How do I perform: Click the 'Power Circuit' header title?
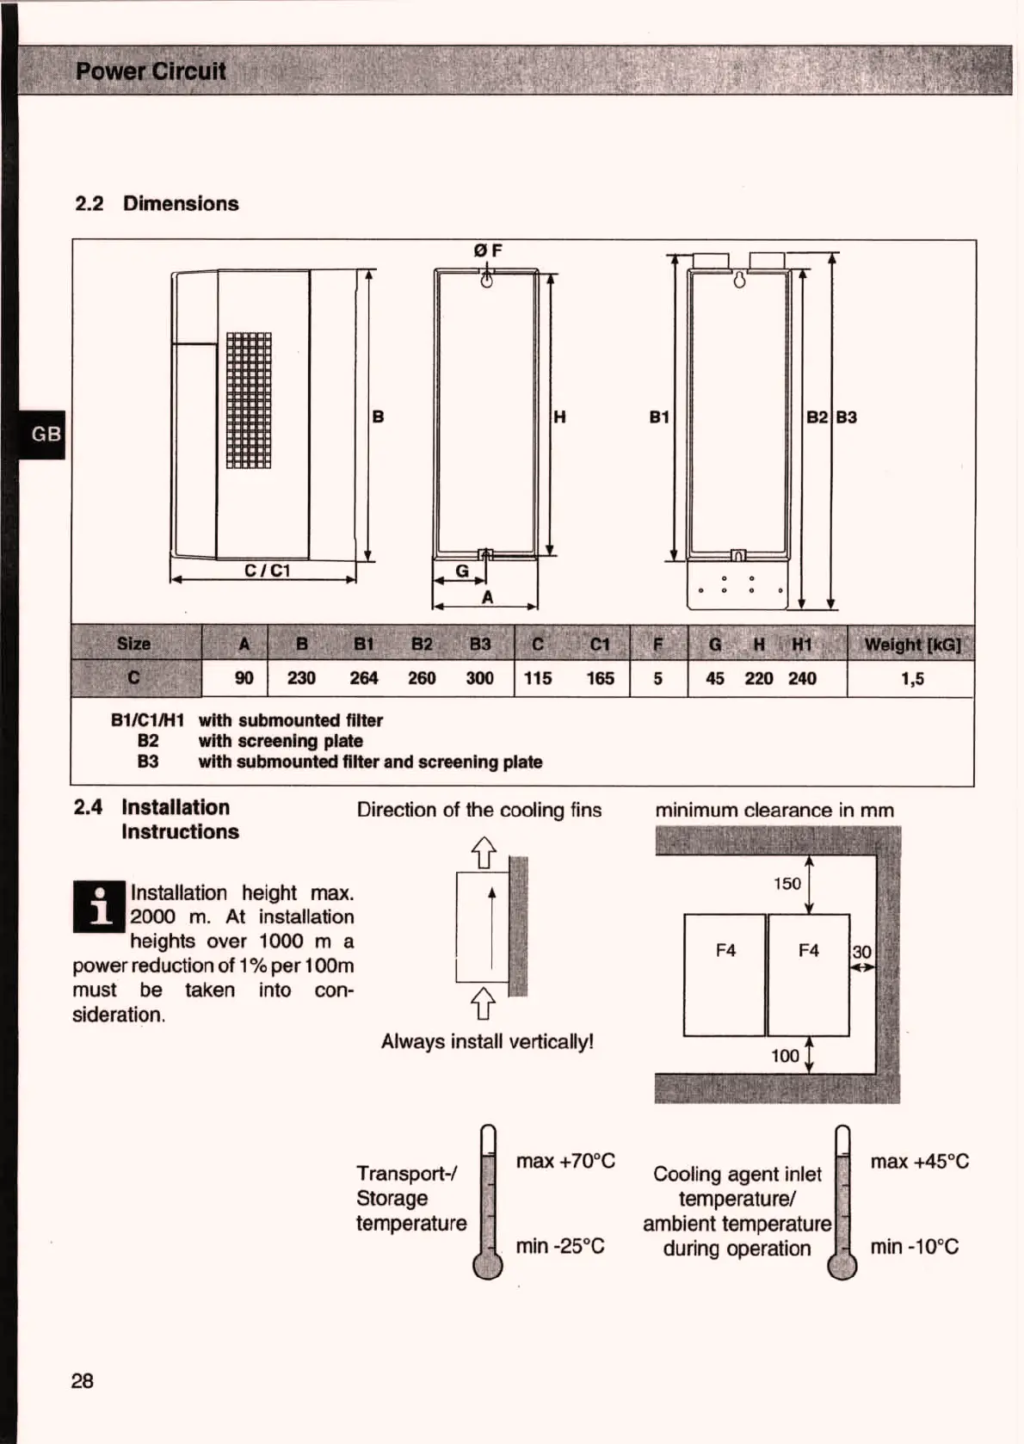(151, 71)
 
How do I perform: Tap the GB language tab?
(46, 434)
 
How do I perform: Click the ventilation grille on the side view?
(249, 400)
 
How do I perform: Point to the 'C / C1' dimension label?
(267, 571)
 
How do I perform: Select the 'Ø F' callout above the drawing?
(488, 250)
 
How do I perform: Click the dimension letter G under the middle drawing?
(462, 571)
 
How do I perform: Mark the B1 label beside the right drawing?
(659, 417)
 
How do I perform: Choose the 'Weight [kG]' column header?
(912, 645)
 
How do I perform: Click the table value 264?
(363, 678)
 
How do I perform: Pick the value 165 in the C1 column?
(600, 678)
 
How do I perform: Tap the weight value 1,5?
(912, 679)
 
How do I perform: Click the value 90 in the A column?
(244, 678)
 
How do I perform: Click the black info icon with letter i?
(100, 907)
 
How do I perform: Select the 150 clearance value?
(787, 884)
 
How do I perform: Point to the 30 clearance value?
(861, 952)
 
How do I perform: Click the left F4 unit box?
(725, 975)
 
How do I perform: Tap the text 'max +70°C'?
(565, 1162)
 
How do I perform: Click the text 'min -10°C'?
(914, 1247)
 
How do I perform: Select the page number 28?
(83, 1381)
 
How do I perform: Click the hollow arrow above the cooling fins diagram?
(484, 852)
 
